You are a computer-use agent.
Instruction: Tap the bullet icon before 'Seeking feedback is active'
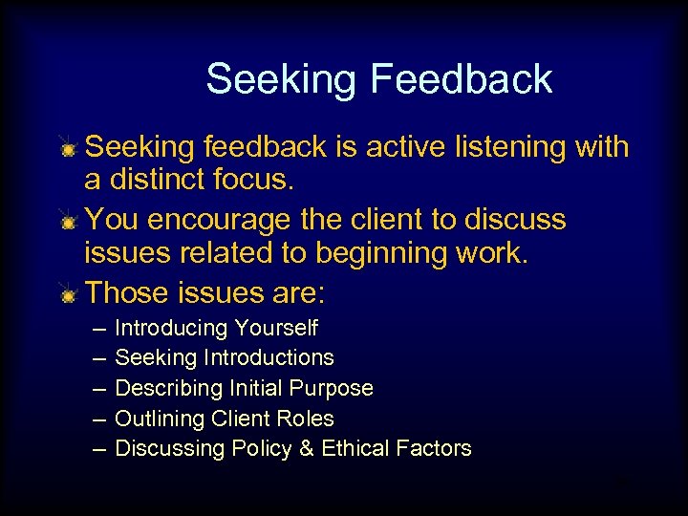pos(68,150)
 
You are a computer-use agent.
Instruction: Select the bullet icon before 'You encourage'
pos(68,223)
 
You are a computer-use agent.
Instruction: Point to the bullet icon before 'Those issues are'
pos(68,295)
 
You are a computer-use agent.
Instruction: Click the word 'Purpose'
pos(334,388)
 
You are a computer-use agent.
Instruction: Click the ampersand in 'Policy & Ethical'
pos(307,448)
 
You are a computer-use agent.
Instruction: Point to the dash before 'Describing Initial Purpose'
pos(100,388)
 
